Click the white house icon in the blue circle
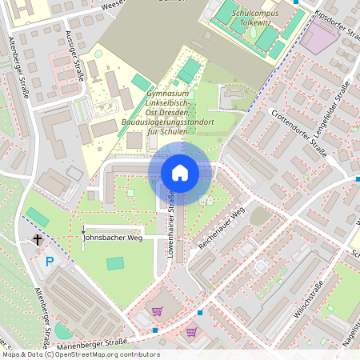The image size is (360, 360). (x=180, y=173)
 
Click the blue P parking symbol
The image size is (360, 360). (x=50, y=261)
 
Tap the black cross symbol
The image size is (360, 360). (x=37, y=239)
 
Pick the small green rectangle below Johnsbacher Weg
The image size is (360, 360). (x=116, y=262)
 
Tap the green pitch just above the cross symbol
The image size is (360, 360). (x=37, y=217)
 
